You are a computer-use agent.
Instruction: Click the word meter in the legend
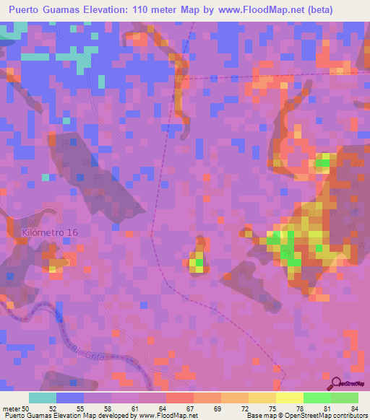[x=12, y=408]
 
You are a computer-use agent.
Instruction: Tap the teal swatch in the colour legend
[x=43, y=398]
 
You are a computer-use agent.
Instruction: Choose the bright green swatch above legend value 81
[x=317, y=398]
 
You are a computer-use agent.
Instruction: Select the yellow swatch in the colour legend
[x=290, y=398]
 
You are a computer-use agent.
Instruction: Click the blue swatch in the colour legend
[x=70, y=398]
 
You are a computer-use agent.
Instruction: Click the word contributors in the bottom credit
[x=350, y=416]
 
